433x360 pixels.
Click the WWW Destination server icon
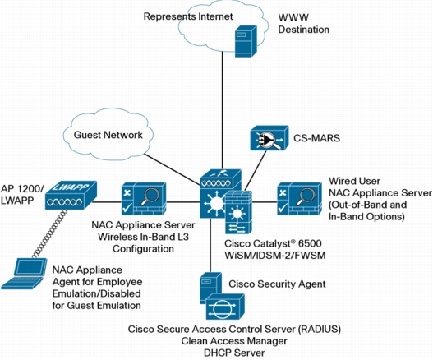pos(246,41)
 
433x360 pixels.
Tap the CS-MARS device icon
pos(269,138)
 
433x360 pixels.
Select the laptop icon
pos(24,274)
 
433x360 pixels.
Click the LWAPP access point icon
pos(71,196)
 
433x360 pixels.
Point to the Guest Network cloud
pos(108,135)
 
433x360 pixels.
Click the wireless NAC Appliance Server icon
pos(144,199)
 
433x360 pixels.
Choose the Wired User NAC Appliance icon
pos(299,199)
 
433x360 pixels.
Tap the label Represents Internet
pos(188,16)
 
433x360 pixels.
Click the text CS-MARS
pos(316,138)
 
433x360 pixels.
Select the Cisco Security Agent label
pos(277,284)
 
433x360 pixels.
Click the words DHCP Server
pos(234,353)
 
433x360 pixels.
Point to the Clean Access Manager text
pos(234,341)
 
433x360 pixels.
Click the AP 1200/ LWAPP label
pos(22,195)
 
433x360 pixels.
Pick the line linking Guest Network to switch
pos(173,169)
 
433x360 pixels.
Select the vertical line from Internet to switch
pos(223,110)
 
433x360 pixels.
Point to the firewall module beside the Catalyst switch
pos(238,212)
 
